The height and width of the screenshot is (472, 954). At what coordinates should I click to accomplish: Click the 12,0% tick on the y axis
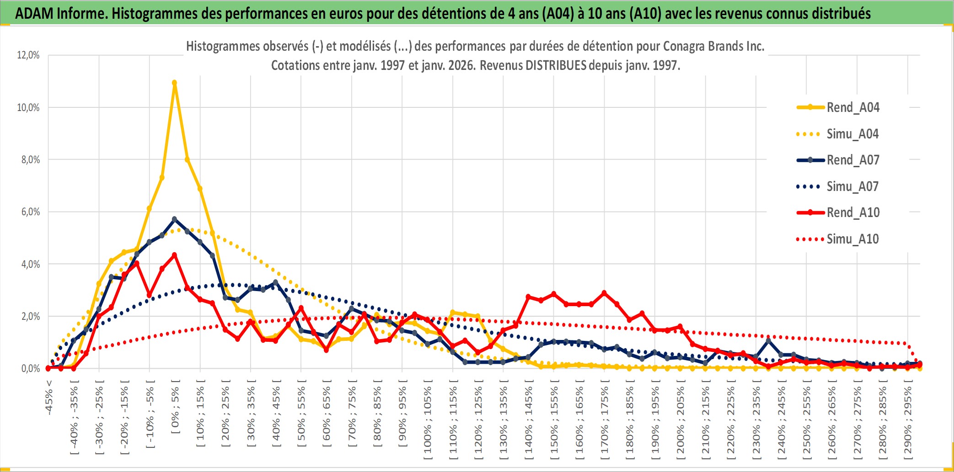tap(28, 55)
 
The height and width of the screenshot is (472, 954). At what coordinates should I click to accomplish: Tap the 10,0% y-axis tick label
tap(28, 108)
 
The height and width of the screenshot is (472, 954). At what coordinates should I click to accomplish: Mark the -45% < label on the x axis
tap(49, 398)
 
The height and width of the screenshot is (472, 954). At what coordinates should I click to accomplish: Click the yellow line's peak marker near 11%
tap(174, 83)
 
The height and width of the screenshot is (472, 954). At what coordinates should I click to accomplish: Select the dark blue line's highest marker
tap(174, 219)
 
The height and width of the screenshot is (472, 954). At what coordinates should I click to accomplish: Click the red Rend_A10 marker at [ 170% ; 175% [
tap(604, 293)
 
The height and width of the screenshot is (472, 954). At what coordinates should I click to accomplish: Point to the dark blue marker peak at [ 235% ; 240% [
tap(768, 341)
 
